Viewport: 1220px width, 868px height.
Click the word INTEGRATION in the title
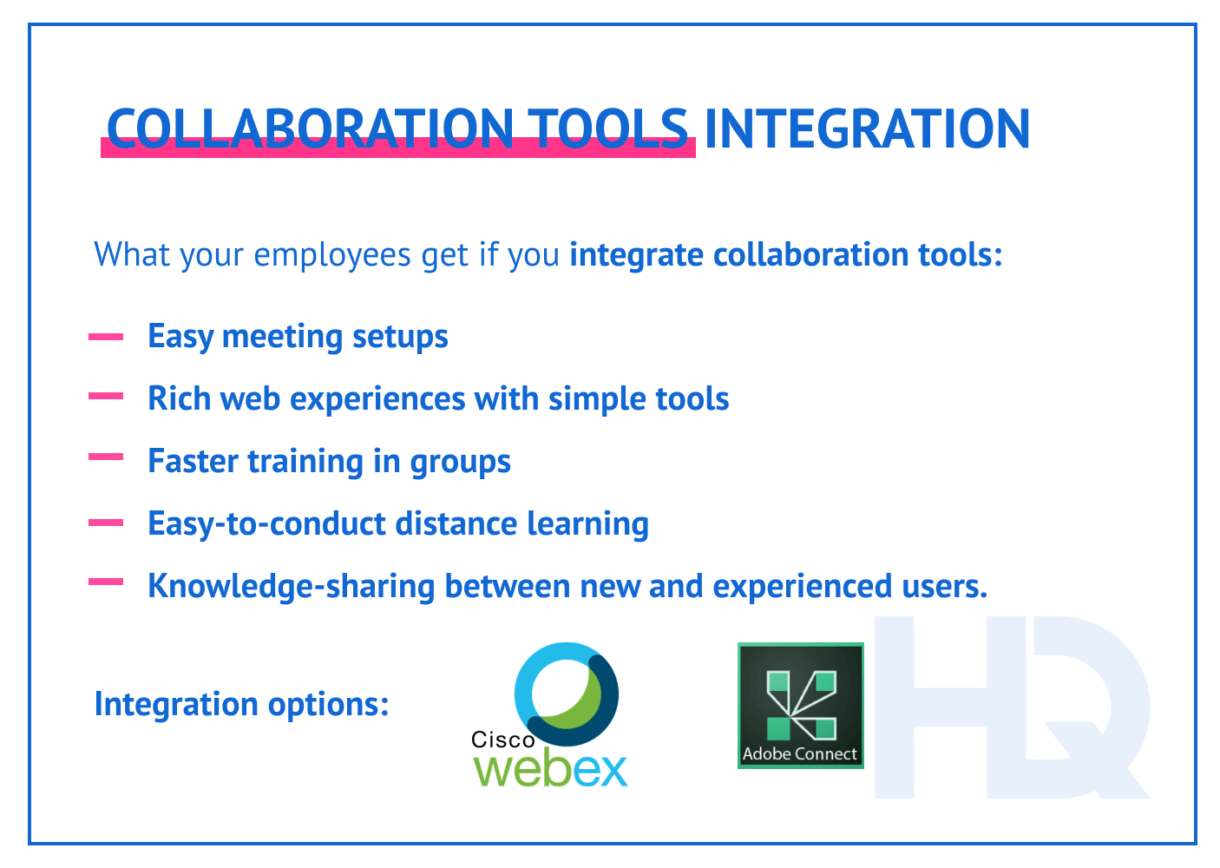coord(866,129)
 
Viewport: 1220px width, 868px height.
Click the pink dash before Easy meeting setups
coord(106,337)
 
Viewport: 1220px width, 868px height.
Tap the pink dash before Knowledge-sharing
coord(106,582)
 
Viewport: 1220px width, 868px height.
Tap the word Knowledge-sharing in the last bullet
coord(291,587)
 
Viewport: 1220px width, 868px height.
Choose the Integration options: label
coord(241,704)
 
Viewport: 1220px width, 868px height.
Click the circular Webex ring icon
coord(566,694)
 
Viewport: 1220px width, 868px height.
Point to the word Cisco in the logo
coord(502,740)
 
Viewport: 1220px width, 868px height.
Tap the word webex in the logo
coord(551,769)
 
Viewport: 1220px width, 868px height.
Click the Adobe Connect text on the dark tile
coord(799,754)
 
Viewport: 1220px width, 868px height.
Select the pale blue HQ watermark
coord(1011,707)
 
